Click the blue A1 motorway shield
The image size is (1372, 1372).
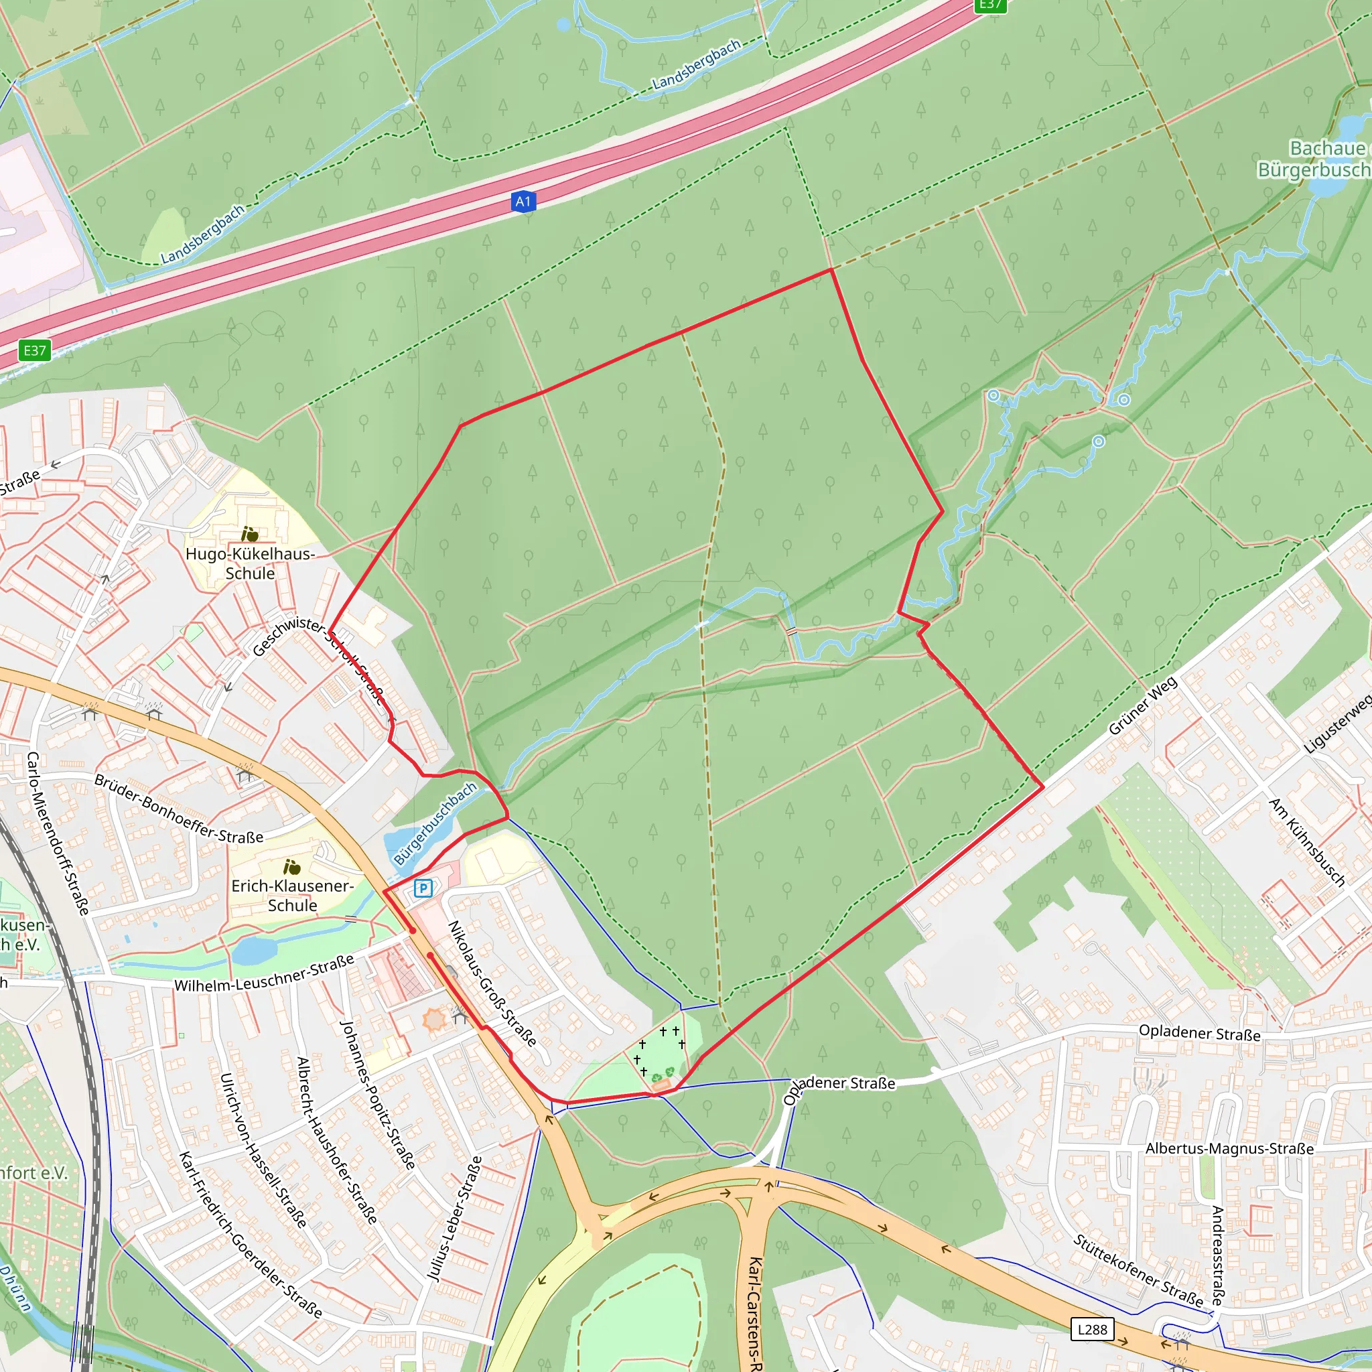point(523,202)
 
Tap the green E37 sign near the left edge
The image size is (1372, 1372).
point(35,350)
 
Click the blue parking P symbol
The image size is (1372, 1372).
point(423,888)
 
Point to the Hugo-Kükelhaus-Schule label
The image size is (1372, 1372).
point(250,563)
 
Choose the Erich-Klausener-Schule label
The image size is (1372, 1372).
point(292,896)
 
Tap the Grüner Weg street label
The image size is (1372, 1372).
point(1143,706)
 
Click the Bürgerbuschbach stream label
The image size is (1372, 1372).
point(435,824)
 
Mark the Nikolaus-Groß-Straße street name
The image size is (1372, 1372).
point(492,983)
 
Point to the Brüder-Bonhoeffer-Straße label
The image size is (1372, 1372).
point(178,809)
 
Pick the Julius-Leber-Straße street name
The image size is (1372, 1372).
point(454,1219)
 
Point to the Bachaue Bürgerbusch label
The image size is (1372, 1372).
point(1314,158)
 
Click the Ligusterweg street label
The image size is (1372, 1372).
point(1337,724)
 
